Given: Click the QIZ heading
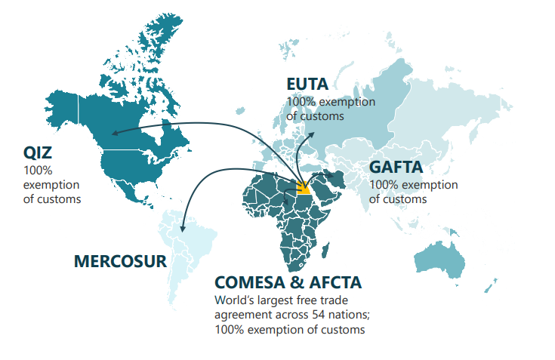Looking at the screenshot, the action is click(x=38, y=152).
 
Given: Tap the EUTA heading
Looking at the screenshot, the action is click(x=307, y=85).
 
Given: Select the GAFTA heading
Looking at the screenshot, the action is click(x=396, y=167).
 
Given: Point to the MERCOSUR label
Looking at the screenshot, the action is click(x=120, y=261).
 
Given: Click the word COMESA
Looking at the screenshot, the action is click(x=250, y=282).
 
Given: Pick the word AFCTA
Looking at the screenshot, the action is click(x=335, y=282).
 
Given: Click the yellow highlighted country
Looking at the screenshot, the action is click(x=304, y=188).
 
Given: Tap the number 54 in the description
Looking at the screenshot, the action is click(x=319, y=315).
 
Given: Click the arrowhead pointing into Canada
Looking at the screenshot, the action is click(x=115, y=133).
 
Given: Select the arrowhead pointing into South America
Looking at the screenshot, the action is click(x=182, y=229).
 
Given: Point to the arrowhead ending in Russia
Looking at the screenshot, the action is click(x=311, y=134).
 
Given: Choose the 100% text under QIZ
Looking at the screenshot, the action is click(x=38, y=171).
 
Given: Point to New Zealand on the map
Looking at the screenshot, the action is click(x=491, y=286).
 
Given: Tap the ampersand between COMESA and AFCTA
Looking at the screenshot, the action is click(x=298, y=282).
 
